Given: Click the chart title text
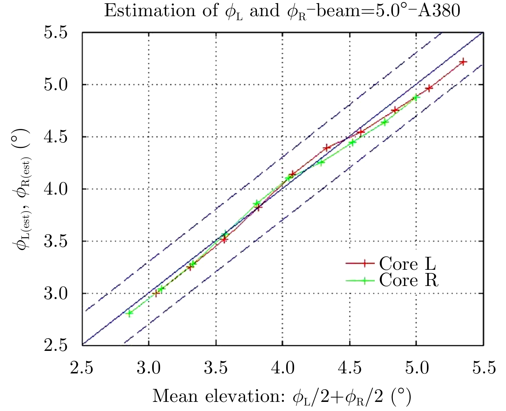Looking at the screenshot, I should (x=282, y=11).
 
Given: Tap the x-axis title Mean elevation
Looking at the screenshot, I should (x=282, y=396).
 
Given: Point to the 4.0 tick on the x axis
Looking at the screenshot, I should (x=283, y=368).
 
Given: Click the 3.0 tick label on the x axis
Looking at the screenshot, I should (x=149, y=368).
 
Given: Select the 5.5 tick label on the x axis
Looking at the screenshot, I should (x=484, y=368).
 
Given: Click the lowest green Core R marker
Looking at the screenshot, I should (x=129, y=313).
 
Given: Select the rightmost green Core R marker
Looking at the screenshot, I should (x=415, y=97).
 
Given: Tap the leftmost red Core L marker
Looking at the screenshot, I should (x=156, y=293).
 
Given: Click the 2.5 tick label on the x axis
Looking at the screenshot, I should (x=82, y=368).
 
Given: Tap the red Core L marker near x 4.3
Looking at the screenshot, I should (x=327, y=148).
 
